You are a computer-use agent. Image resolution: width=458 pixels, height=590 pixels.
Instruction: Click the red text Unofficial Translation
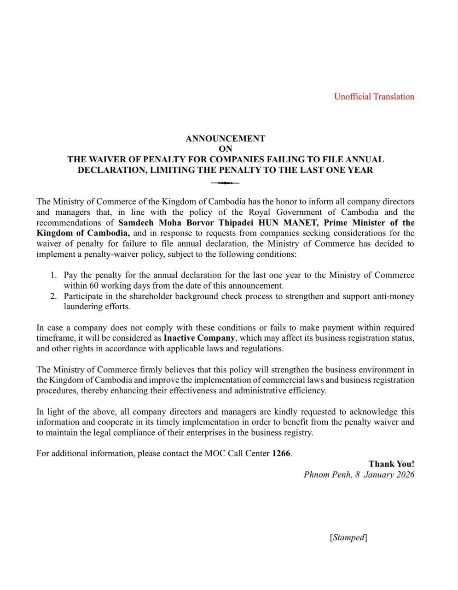tap(374, 96)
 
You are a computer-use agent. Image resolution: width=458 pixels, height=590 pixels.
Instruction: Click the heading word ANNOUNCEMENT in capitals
tap(225, 138)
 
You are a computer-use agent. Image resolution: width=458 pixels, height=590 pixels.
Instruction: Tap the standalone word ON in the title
tap(226, 149)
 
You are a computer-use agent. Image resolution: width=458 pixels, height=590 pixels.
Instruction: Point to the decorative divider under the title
tap(225, 183)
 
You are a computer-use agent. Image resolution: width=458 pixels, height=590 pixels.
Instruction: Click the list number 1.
tap(53, 275)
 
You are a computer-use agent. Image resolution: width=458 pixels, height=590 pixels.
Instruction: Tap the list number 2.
tap(53, 296)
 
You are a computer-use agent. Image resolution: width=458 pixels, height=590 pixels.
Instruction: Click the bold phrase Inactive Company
tap(199, 338)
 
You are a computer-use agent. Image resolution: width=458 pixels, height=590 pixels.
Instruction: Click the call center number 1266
tap(281, 453)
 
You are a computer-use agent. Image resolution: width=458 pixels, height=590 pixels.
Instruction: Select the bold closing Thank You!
tap(391, 464)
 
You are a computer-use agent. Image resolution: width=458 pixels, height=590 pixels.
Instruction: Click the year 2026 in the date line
tap(404, 474)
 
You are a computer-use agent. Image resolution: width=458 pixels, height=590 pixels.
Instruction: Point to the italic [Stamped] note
tap(348, 537)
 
